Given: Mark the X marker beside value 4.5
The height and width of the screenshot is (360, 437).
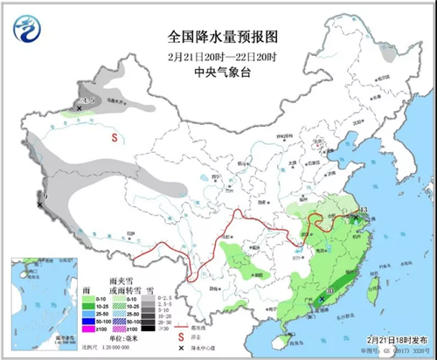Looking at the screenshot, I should tap(79, 109).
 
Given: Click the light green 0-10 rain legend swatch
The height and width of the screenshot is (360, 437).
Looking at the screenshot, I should tap(87, 299).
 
